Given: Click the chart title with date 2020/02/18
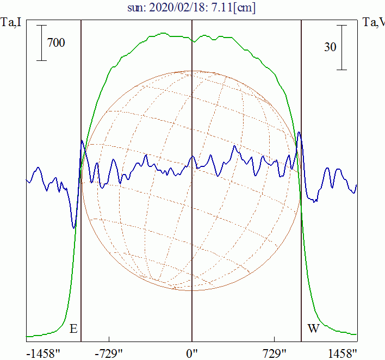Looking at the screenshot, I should pos(191,8).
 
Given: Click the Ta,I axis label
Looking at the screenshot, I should pos(11,23).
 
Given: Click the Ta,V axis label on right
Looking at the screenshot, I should pos(374,23).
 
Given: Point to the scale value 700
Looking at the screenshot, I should pos(56,42).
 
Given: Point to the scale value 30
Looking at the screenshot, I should pos(330,47).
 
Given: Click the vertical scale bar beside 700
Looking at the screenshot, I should pos(41,42).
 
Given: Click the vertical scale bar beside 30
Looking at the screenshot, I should pos(341,47).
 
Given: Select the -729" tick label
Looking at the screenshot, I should pos(109,353).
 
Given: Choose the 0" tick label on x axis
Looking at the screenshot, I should pos(192,353).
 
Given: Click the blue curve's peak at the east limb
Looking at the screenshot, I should pos(82,141).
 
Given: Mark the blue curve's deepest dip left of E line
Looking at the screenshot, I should pos(73,228).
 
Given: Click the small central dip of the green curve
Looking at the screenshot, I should pos(192,41).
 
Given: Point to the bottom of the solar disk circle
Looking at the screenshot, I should pos(191,290).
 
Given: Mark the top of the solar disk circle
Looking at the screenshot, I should pos(191,71).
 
